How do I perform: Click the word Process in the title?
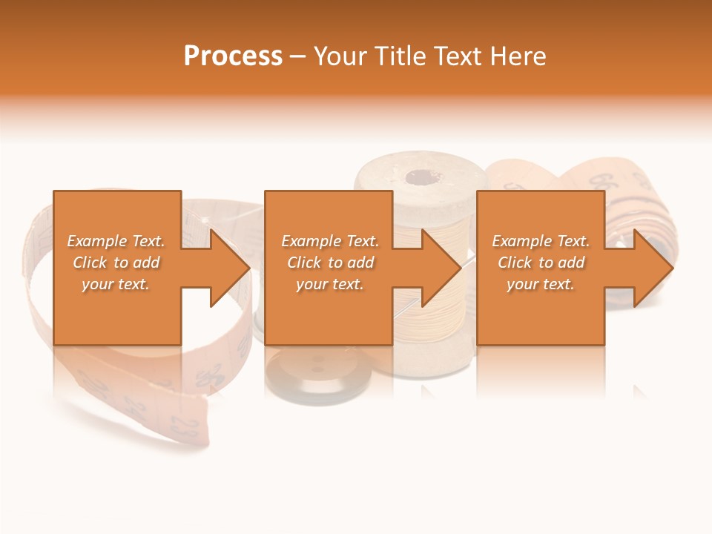click(x=233, y=56)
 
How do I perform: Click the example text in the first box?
click(x=116, y=263)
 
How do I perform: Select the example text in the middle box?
click(x=330, y=263)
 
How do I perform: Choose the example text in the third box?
click(x=541, y=263)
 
